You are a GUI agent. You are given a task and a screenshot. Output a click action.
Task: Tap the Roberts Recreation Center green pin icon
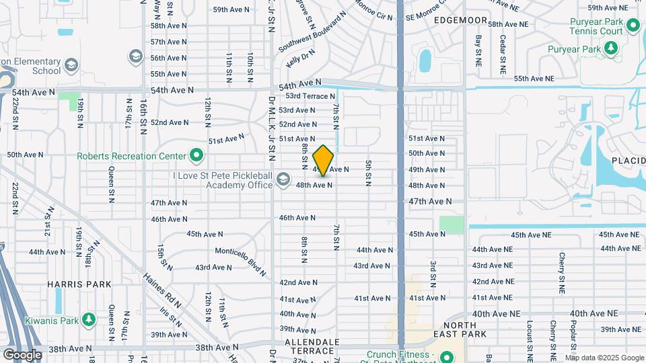tap(196, 156)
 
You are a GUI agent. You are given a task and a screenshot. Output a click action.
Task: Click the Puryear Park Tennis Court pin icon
tap(633, 26)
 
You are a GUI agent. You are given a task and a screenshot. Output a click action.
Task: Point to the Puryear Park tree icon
tap(610, 48)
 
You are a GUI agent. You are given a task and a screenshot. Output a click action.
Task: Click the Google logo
tap(22, 355)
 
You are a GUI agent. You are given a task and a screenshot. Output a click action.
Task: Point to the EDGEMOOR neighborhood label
tap(460, 20)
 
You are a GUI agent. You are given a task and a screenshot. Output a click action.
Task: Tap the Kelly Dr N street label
tap(300, 58)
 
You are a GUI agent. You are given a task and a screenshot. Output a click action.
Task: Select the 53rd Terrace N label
tap(310, 96)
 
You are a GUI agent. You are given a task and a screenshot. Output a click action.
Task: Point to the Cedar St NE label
tap(502, 54)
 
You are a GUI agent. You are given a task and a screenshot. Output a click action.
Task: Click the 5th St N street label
tap(368, 173)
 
